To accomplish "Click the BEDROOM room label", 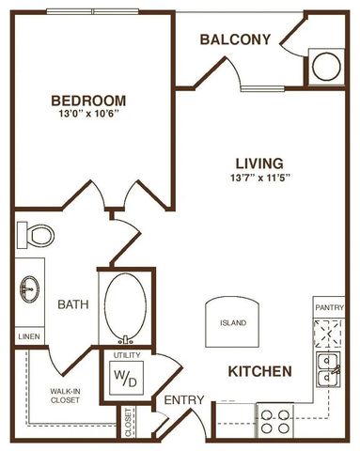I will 89,100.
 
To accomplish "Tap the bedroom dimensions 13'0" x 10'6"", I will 89,117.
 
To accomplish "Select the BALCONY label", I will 236,39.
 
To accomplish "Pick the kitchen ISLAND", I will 233,321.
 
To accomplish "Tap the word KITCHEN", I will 258,372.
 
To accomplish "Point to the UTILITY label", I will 126,356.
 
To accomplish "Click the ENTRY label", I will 184,400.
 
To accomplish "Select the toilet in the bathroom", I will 38,232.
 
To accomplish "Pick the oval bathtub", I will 125,304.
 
